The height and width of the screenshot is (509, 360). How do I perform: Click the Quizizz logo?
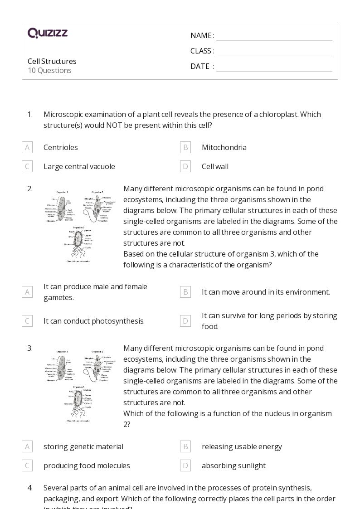click(48, 33)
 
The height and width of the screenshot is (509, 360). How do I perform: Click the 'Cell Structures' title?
click(52, 61)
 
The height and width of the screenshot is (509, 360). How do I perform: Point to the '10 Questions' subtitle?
click(49, 71)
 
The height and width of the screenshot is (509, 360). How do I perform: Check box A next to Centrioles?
click(27, 147)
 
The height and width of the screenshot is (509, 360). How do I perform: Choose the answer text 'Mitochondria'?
click(224, 147)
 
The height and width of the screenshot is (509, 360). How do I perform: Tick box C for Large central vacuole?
click(27, 166)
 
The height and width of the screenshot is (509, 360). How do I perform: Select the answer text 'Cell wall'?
click(215, 166)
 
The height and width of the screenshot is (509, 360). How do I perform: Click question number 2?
click(30, 189)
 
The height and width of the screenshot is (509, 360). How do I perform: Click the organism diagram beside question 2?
click(79, 225)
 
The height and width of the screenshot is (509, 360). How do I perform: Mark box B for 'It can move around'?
click(185, 292)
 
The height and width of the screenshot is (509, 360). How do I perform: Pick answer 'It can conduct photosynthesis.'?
click(94, 321)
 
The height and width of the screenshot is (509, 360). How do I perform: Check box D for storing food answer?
click(185, 321)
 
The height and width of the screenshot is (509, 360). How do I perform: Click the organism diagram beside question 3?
click(79, 385)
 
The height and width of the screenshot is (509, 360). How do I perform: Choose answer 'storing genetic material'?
click(83, 446)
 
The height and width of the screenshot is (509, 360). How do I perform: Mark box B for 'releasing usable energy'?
click(185, 446)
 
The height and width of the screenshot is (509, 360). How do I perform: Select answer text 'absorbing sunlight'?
click(234, 465)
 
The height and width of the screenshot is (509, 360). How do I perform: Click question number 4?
click(30, 488)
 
